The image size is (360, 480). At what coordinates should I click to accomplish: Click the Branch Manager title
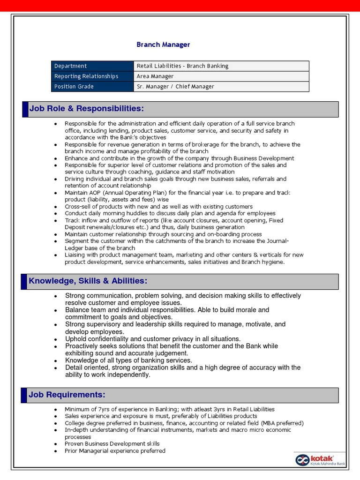[163, 45]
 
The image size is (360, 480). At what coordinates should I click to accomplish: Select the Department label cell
[92, 66]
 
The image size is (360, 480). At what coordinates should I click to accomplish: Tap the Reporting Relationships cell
[92, 76]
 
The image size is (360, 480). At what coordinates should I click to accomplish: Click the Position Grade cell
[92, 87]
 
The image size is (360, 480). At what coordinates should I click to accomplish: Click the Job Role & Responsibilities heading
[86, 109]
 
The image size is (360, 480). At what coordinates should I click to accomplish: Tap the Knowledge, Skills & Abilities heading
[88, 281]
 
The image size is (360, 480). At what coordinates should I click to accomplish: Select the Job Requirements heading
[67, 395]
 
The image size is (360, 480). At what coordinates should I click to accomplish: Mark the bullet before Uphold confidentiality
[55, 339]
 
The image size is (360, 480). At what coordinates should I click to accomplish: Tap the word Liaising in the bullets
[75, 255]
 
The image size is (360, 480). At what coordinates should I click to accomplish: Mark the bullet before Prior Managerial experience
[55, 451]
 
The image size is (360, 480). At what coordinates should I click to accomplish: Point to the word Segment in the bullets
[76, 241]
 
